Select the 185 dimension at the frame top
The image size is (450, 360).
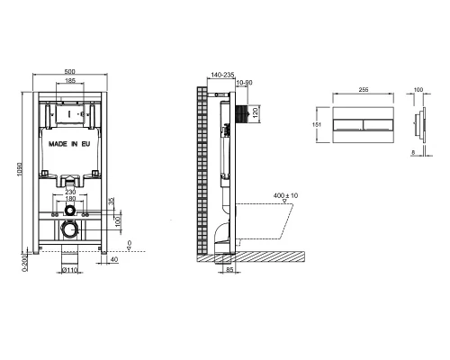click(x=70, y=82)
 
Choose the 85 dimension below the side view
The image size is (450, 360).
click(x=229, y=269)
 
